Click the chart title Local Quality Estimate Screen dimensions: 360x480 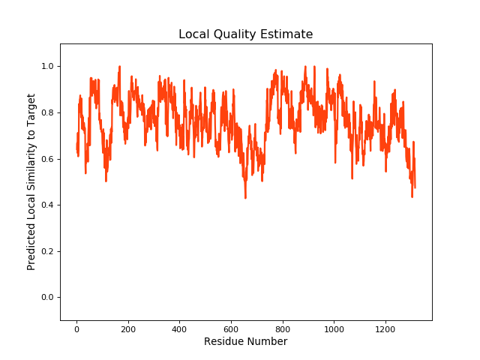click(x=245, y=34)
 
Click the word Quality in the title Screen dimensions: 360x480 click(x=244, y=34)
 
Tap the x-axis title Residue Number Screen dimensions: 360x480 click(x=245, y=342)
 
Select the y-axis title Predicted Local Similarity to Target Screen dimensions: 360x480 click(x=31, y=181)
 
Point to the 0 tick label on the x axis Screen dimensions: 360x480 click(x=76, y=328)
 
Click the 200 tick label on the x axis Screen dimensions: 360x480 click(x=128, y=328)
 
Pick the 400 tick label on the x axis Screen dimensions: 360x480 click(x=179, y=328)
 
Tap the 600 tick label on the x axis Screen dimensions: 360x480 click(x=231, y=328)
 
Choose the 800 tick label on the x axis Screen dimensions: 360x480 click(x=283, y=328)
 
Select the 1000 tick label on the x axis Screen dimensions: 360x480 click(x=334, y=328)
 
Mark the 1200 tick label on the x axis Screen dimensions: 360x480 click(x=385, y=328)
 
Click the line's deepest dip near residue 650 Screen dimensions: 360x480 click(x=245, y=197)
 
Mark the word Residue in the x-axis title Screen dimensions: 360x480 click(x=224, y=342)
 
